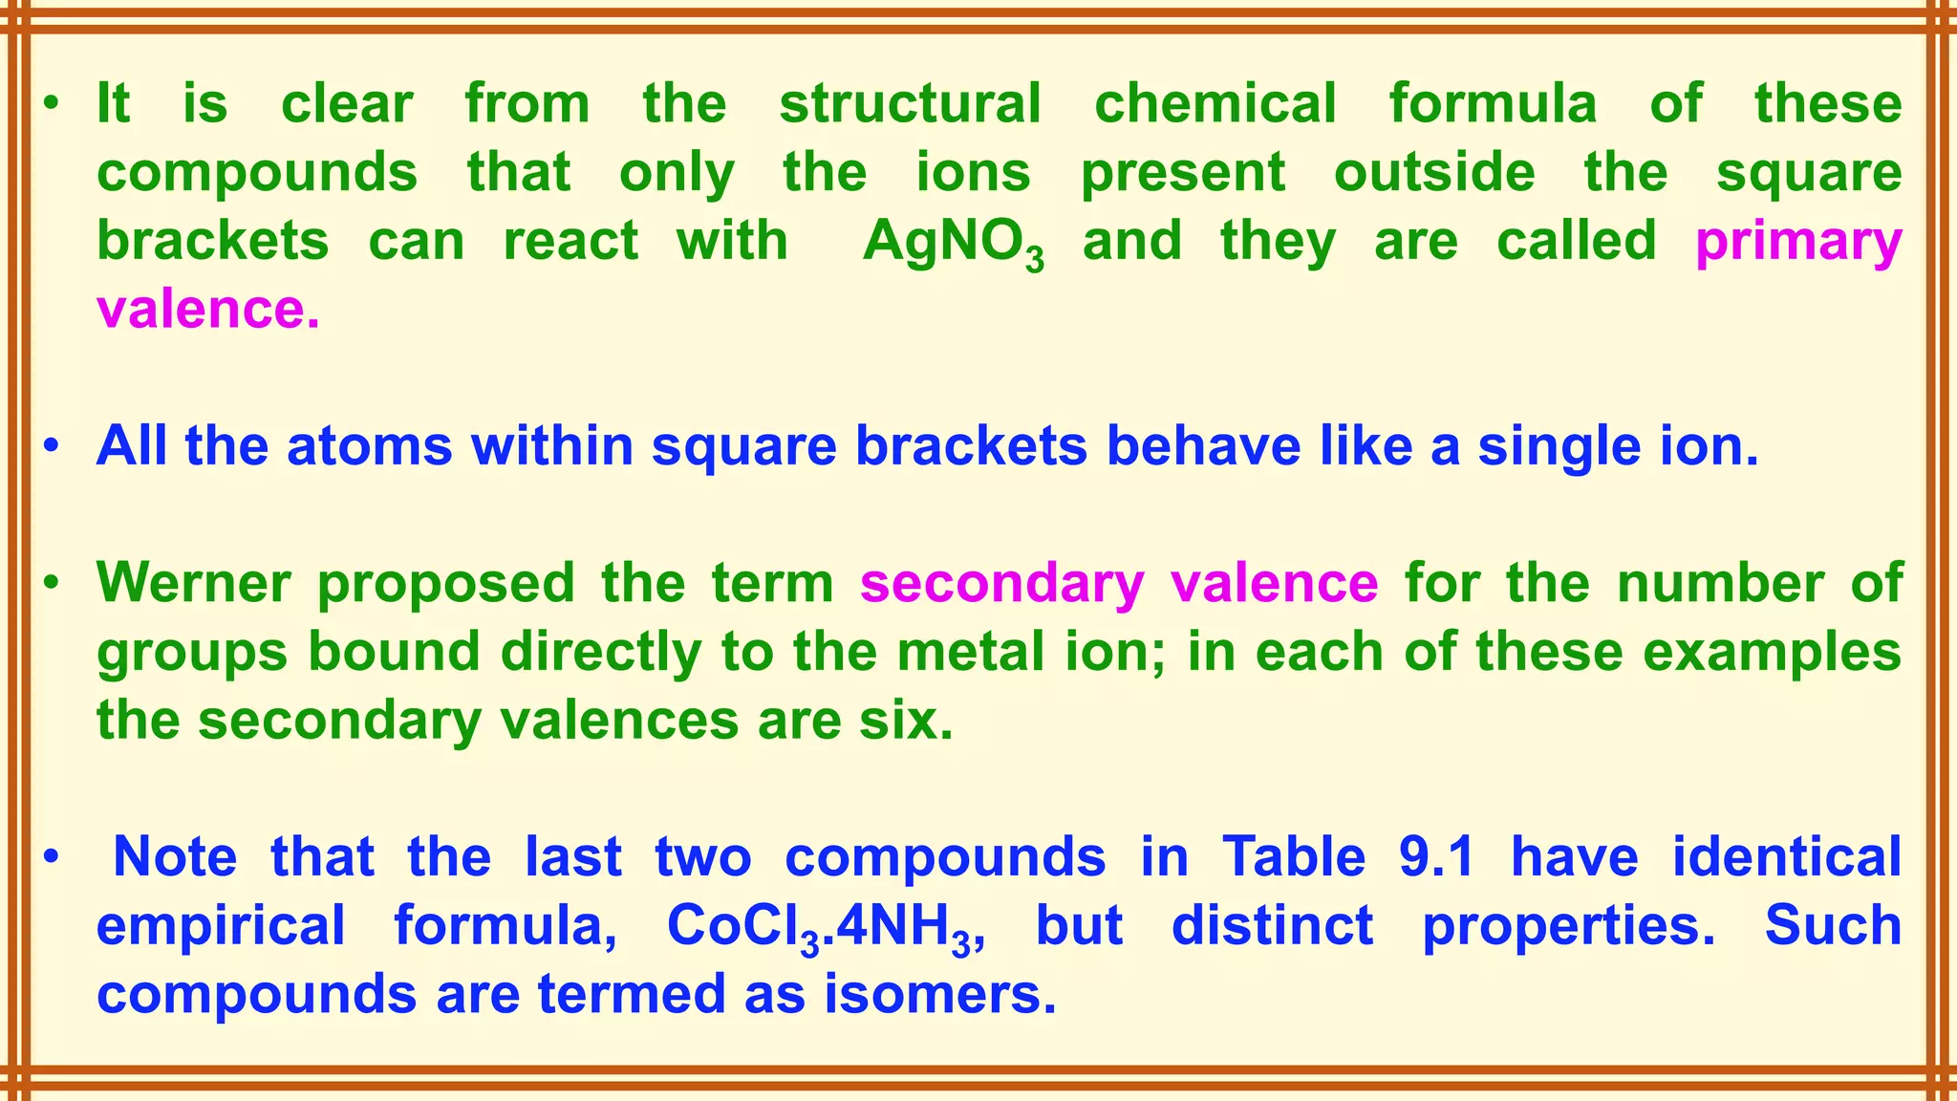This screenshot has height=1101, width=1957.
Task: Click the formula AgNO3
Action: (x=953, y=242)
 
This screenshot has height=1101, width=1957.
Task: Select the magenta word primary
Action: (x=1798, y=242)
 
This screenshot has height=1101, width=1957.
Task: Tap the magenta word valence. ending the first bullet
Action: (x=208, y=310)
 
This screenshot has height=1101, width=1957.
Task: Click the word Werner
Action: (x=194, y=582)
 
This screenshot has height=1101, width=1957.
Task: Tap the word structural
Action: (x=910, y=103)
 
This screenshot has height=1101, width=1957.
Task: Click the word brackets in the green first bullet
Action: (x=213, y=241)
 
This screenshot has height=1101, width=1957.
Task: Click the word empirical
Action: (x=221, y=926)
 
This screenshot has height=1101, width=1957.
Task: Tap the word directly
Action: (x=601, y=652)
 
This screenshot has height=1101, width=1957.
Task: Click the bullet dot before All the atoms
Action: (x=53, y=446)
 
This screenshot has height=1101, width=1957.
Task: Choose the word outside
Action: (x=1434, y=173)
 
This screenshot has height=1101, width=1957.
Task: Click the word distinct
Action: (x=1272, y=925)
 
